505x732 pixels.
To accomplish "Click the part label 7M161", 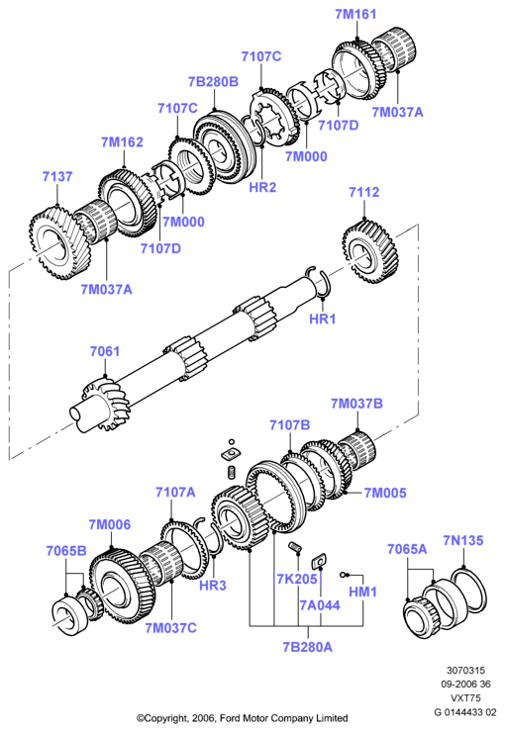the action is point(355,14).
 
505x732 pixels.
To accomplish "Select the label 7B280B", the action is point(213,82).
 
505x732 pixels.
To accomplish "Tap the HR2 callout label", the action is point(262,187).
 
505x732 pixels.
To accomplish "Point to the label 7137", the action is point(57,176).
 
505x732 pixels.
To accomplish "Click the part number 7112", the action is point(364,192).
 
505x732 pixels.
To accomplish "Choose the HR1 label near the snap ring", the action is point(323,319).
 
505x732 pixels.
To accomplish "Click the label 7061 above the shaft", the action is point(105,351).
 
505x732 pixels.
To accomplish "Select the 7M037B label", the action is point(356,404).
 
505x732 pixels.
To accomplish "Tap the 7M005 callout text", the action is point(385,493).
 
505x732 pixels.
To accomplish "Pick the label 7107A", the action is point(175,492).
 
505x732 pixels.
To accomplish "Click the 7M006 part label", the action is point(110,524).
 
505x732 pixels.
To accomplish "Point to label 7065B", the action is point(66,551).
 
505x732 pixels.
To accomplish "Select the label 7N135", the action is point(463,541).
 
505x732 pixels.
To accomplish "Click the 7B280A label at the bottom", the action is point(307,647).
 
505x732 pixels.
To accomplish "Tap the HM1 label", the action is point(362,592).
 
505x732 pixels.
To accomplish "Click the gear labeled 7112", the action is point(370,252).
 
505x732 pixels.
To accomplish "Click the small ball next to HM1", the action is point(343,574).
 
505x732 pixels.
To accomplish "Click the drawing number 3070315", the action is point(465,671).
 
